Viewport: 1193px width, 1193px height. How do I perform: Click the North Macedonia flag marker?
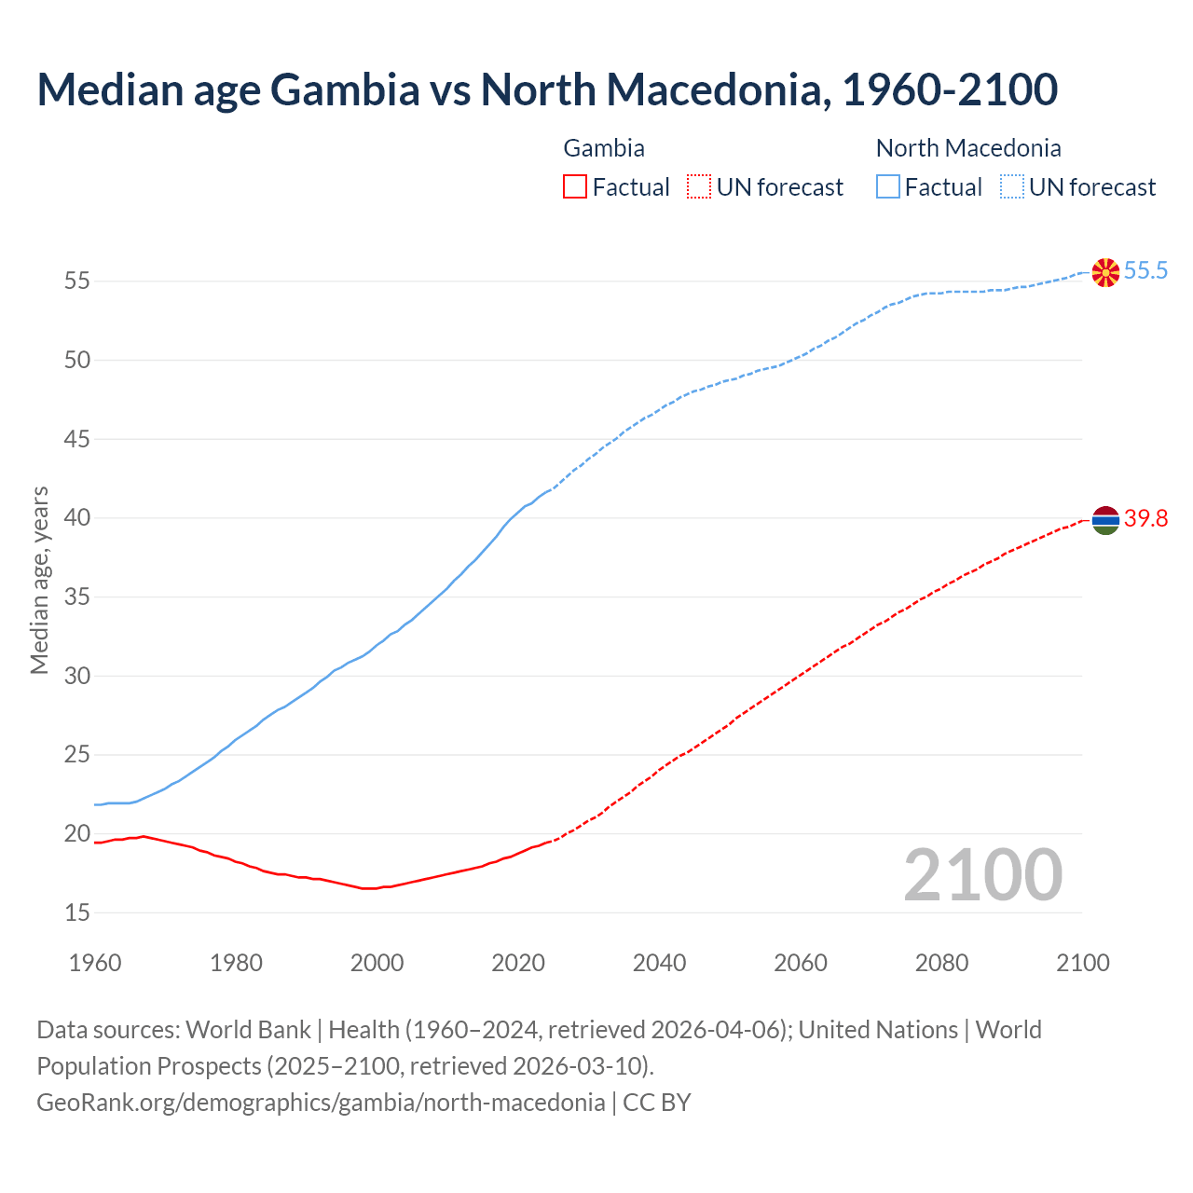(1105, 272)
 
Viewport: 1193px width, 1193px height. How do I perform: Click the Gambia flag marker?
(1105, 520)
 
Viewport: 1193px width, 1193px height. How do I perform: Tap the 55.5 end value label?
(1145, 271)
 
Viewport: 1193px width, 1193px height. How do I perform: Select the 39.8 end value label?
(1145, 519)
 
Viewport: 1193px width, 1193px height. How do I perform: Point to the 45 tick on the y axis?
(77, 438)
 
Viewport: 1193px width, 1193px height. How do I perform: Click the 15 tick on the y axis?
(77, 912)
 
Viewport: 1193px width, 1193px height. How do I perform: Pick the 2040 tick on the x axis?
(659, 963)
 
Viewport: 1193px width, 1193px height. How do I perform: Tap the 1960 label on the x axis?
(95, 963)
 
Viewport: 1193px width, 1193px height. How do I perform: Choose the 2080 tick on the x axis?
(941, 963)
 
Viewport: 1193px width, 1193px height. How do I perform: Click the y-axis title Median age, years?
(39, 580)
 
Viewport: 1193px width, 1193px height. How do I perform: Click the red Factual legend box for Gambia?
(575, 187)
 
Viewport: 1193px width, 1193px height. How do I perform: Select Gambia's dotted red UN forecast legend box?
(699, 187)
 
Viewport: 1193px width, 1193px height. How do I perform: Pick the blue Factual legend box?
(888, 187)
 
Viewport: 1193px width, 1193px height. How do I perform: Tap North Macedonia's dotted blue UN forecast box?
(1011, 187)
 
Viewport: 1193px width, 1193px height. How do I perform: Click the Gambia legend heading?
(604, 148)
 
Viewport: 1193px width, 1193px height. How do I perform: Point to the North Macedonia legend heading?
(968, 148)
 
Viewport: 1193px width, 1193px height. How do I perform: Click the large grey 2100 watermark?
(982, 875)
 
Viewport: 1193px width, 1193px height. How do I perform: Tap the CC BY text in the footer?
(657, 1103)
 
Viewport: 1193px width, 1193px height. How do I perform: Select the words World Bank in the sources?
(248, 1030)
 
